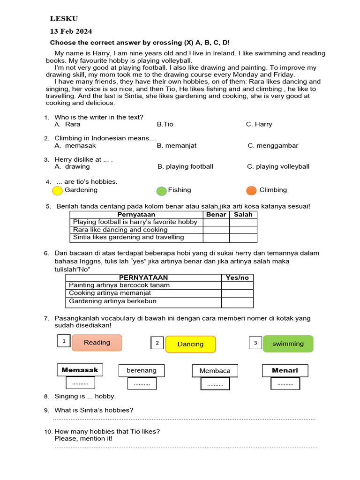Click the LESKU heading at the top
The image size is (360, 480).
64,19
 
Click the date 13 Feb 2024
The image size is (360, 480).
71,31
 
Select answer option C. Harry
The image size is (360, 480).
259,124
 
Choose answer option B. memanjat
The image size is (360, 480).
177,145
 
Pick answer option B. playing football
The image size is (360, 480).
185,166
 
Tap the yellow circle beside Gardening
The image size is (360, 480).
57,191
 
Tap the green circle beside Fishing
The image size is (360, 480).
161,191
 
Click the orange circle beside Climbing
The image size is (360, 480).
251,190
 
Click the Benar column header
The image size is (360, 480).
216,215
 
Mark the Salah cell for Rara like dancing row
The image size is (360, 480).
243,230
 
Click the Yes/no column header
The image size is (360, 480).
237,277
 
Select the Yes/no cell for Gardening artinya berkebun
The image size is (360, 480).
237,302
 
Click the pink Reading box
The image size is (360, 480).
97,343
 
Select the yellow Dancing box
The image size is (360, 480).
190,344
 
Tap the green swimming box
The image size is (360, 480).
288,344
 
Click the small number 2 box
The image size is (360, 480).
157,343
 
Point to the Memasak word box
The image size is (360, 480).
80,370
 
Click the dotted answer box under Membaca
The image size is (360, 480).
215,384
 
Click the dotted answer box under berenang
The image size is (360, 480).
142,384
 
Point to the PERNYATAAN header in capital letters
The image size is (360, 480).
143,277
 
